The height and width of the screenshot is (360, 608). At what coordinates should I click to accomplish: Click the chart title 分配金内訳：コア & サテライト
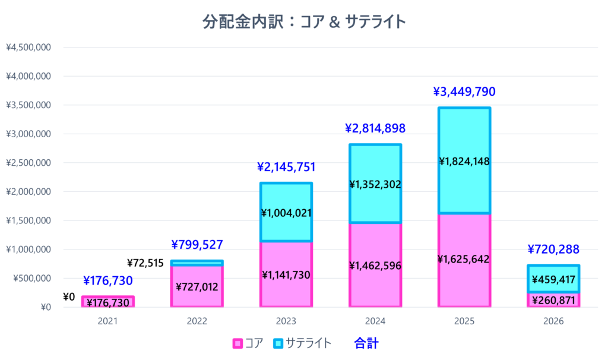[x=304, y=23]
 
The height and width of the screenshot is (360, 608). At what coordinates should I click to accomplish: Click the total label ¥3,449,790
[x=464, y=92]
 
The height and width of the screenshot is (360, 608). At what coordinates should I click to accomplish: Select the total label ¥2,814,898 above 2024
[x=375, y=128]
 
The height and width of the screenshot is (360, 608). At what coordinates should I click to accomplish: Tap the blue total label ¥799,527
[x=197, y=245]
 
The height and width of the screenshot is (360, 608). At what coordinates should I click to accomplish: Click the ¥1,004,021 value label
[x=286, y=213]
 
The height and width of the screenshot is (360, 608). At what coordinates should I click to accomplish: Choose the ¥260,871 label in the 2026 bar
[x=553, y=301]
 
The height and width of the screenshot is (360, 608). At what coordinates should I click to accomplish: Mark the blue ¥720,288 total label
[x=553, y=250]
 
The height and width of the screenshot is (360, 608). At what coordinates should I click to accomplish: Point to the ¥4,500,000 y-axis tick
[x=28, y=48]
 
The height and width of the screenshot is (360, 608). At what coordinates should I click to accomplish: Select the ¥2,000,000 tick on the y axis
[x=28, y=192]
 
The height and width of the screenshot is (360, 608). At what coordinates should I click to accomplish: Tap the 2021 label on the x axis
[x=108, y=321]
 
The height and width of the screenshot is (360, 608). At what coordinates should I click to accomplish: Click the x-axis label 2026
[x=553, y=321]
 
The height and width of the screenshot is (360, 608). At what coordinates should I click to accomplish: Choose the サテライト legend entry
[x=303, y=343]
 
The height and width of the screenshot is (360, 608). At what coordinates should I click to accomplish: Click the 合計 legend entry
[x=366, y=343]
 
